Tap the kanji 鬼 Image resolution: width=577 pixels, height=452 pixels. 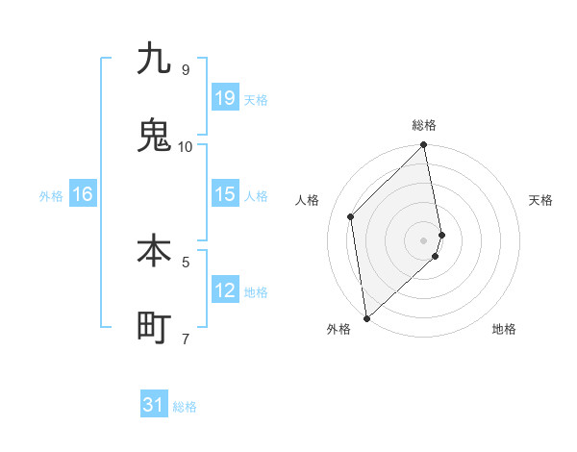pos(154,135)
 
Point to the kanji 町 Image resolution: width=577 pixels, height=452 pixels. pos(154,327)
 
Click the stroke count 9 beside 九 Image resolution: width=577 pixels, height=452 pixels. pos(185,70)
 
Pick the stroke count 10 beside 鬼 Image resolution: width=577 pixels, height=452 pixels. pos(185,146)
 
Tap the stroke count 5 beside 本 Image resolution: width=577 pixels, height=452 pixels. pos(185,261)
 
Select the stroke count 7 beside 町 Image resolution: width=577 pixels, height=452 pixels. pos(185,339)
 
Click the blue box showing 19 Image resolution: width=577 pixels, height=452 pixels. pos(225,97)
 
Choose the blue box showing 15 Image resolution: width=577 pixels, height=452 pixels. pos(225,194)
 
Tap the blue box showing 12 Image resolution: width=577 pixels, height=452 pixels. pos(225,290)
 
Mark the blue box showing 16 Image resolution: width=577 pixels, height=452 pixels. pos(83,194)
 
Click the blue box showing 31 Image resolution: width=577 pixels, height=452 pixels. pos(154,406)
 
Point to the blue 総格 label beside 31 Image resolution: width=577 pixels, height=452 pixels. pos(185,408)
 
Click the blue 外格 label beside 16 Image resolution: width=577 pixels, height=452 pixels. pos(51,196)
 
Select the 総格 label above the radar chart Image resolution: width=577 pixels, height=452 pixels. pos(424,125)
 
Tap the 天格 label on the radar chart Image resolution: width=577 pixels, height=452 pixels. pos(540,200)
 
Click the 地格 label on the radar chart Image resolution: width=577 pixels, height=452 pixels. pos(504,329)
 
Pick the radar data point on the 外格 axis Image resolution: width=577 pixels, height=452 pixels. pos(366,317)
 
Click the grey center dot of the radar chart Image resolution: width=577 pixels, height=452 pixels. pos(424,239)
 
